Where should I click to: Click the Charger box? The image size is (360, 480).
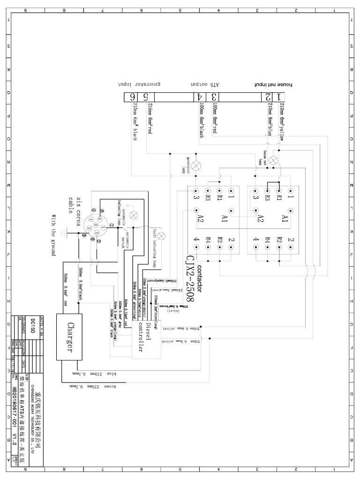[x=71, y=337]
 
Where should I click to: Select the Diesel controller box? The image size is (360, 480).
[x=146, y=339]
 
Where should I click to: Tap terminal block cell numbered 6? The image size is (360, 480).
[x=133, y=97]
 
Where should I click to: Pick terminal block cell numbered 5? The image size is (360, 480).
[x=146, y=97]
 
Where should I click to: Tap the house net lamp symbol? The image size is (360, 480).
[x=274, y=160]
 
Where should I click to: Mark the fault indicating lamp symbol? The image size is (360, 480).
[x=162, y=236]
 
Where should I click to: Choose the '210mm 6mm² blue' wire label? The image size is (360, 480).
[x=270, y=120]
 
